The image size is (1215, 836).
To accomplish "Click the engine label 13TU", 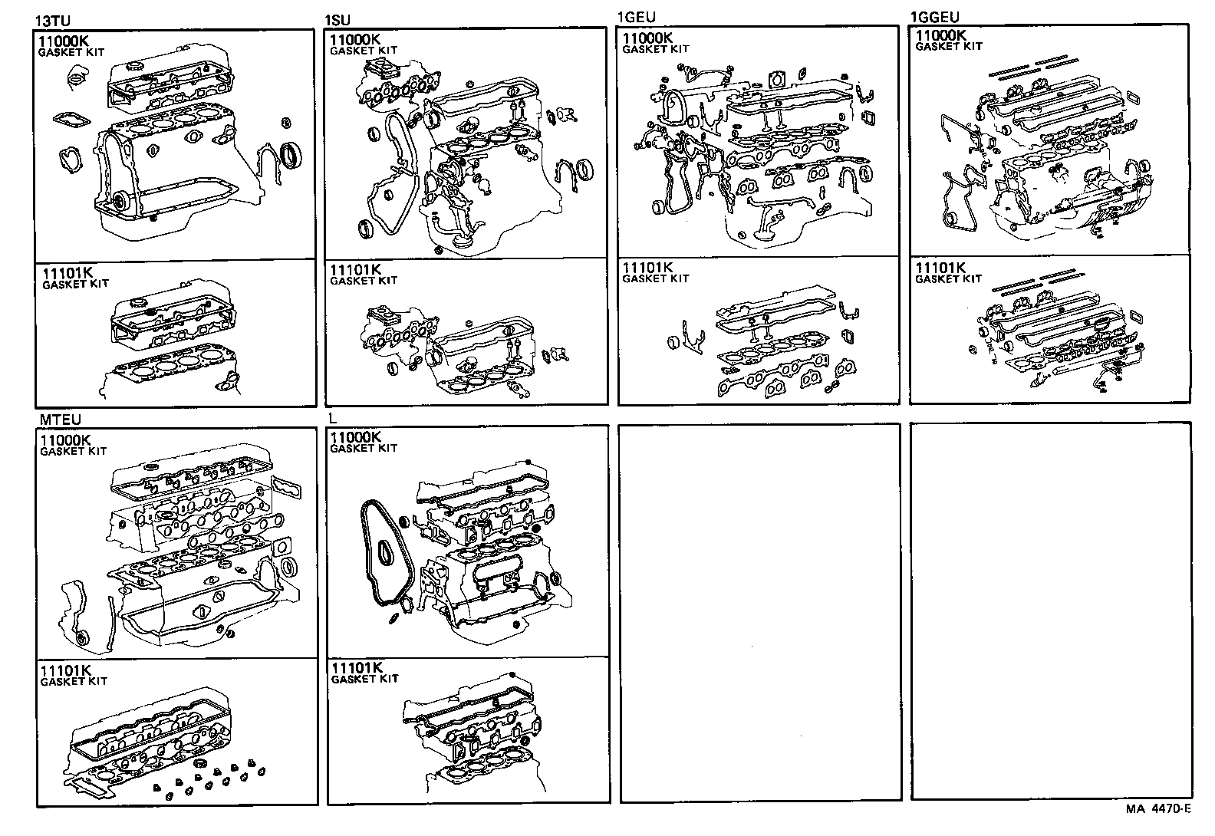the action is click(x=53, y=21).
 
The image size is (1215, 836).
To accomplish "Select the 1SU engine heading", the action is click(x=337, y=20).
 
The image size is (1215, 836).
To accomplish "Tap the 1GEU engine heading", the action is click(x=636, y=17).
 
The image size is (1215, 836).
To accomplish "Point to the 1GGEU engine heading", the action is click(x=934, y=17).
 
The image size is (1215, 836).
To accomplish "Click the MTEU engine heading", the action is click(x=60, y=420).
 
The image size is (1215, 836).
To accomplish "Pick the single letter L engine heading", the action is click(x=332, y=418).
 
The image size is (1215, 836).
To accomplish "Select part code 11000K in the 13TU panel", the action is click(x=63, y=41).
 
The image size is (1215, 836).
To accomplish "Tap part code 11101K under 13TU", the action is click(x=67, y=272).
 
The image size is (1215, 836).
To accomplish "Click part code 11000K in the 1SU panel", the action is click(x=355, y=40).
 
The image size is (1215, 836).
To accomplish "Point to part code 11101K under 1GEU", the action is click(x=647, y=268).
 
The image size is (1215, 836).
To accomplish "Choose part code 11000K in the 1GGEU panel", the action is click(x=940, y=36).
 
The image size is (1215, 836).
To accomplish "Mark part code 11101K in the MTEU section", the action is click(x=66, y=670).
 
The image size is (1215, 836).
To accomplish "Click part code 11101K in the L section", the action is click(x=357, y=668).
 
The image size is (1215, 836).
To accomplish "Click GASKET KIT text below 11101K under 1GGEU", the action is click(x=948, y=279).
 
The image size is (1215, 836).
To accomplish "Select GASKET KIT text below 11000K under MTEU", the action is click(x=73, y=451).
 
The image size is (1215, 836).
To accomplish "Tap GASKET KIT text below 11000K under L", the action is click(x=364, y=448).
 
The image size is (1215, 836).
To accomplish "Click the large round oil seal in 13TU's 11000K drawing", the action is click(x=291, y=156).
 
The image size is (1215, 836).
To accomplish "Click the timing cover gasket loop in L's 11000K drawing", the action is click(x=386, y=559).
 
